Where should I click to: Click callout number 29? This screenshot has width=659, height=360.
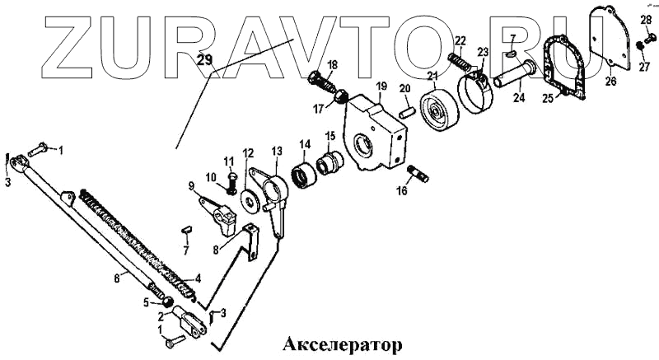pyautogui.click(x=205, y=59)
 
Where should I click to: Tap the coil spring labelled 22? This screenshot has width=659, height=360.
pyautogui.click(x=459, y=62)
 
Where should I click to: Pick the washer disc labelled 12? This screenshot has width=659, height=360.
pyautogui.click(x=247, y=199)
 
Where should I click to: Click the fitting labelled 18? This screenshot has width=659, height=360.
pyautogui.click(x=323, y=83)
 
